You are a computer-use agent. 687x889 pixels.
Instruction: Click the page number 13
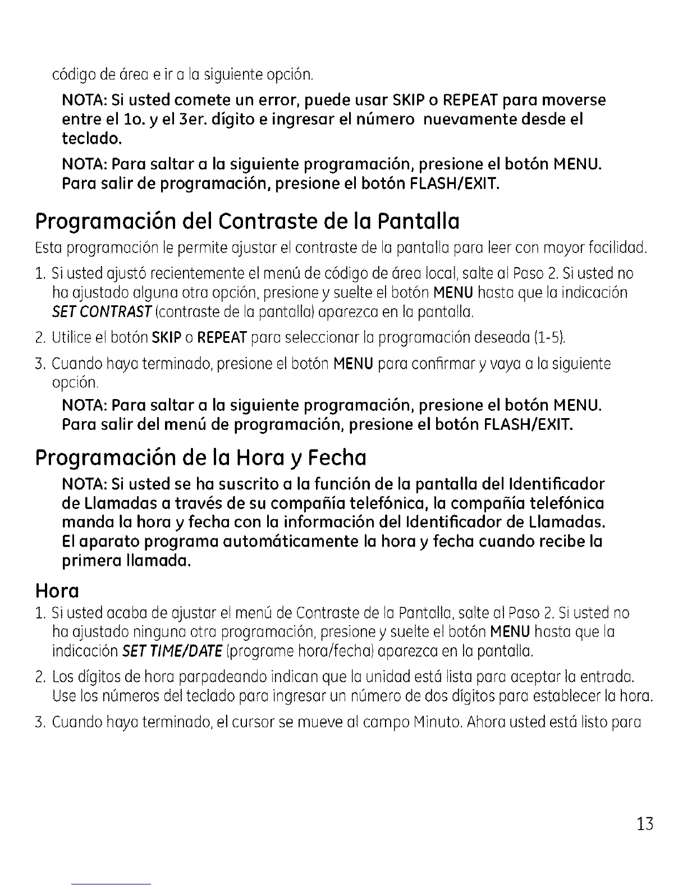point(645,824)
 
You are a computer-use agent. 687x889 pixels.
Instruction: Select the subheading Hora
point(57,591)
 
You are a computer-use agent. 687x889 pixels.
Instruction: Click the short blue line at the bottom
point(112,884)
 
